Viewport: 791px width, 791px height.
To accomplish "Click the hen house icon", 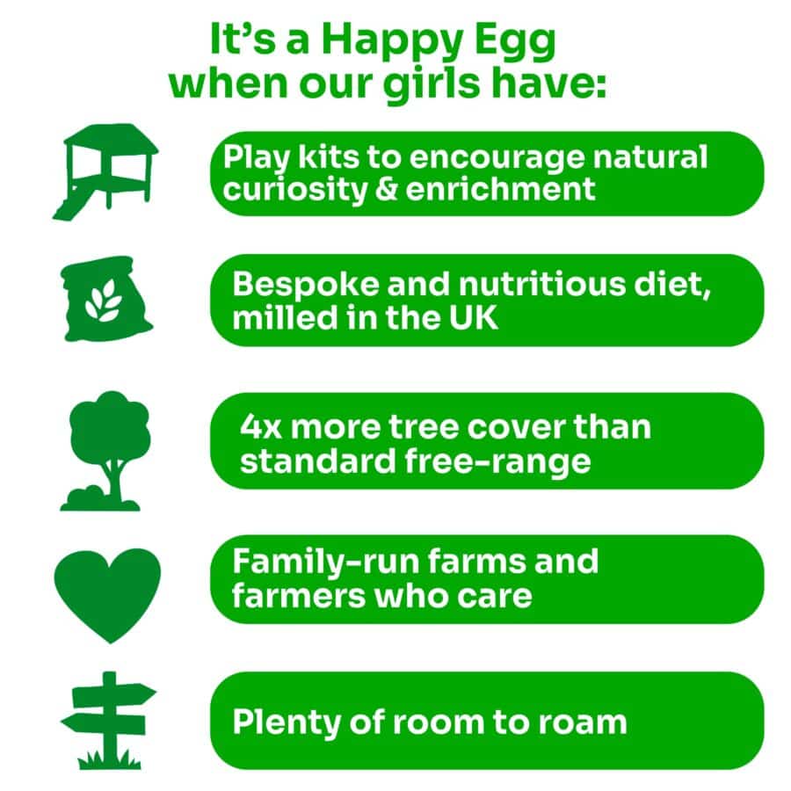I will pyautogui.click(x=106, y=171).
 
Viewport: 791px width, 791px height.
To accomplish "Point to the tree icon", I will pyautogui.click(x=106, y=449).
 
